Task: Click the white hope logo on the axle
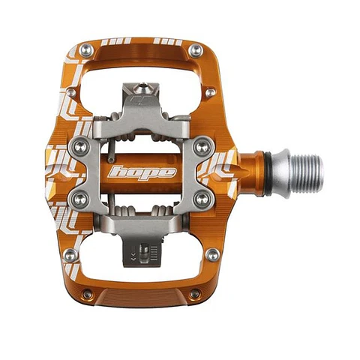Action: [142, 172]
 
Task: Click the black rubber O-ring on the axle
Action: [268, 174]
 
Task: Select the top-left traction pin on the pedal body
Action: [86, 50]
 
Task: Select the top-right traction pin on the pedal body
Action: [196, 50]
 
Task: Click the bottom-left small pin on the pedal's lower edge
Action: [87, 294]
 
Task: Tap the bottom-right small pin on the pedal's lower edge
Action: [195, 294]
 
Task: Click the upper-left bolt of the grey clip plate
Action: [81, 147]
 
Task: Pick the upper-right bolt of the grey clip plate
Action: [202, 147]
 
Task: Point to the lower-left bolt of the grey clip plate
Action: [80, 199]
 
